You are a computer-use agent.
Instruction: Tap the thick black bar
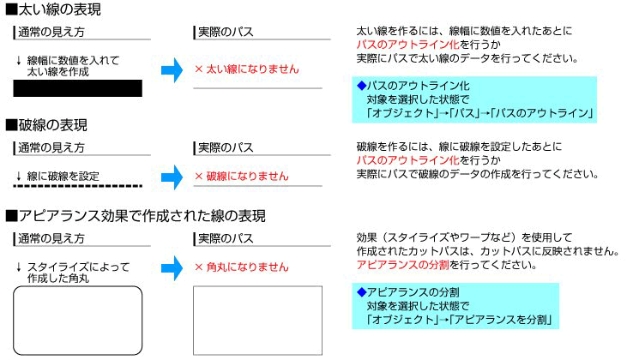(x=78, y=88)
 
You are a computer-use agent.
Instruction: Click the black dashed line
(x=78, y=185)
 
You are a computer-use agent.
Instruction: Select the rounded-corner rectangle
(x=78, y=320)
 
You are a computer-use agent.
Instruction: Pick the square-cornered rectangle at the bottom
(x=257, y=320)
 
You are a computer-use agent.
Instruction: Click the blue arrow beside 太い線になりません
(x=172, y=70)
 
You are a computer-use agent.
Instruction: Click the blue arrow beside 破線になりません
(x=172, y=177)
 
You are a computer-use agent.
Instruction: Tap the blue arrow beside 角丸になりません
(x=172, y=267)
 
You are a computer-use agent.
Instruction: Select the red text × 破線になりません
(x=242, y=177)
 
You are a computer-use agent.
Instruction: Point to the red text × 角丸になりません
(x=242, y=267)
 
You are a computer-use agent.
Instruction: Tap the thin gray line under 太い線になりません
(x=257, y=88)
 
